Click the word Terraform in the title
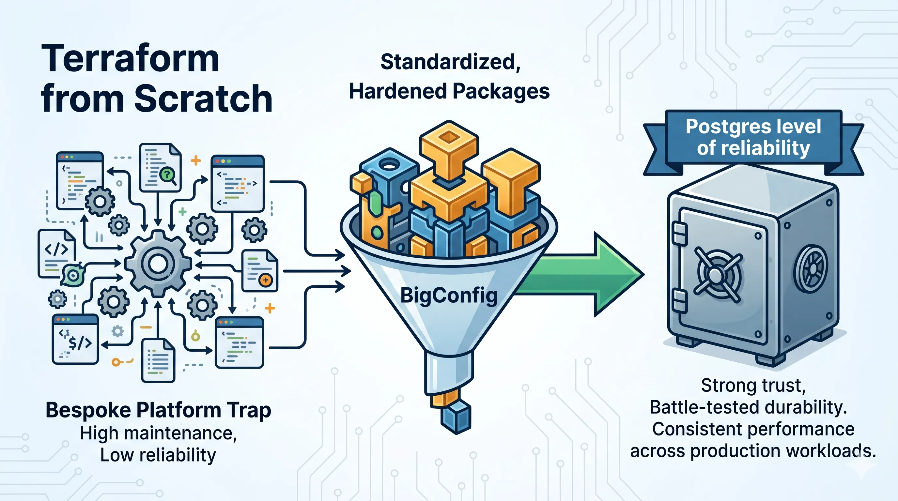pyautogui.click(x=130, y=59)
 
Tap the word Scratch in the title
pyautogui.click(x=203, y=99)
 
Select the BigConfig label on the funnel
pyautogui.click(x=449, y=296)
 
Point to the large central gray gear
pyautogui.click(x=158, y=264)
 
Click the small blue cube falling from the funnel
pyautogui.click(x=456, y=416)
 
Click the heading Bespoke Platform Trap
pyautogui.click(x=158, y=410)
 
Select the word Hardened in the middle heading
pyautogui.click(x=398, y=91)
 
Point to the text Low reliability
pyautogui.click(x=158, y=455)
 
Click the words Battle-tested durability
pyautogui.click(x=749, y=407)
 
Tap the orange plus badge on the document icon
pyautogui.click(x=266, y=280)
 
